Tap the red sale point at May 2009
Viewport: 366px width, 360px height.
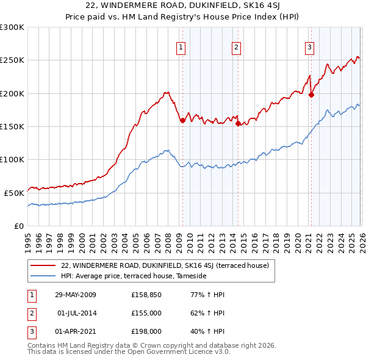click(x=182, y=121)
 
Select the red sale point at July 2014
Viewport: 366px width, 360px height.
click(x=238, y=123)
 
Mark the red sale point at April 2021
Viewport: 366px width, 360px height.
click(x=311, y=95)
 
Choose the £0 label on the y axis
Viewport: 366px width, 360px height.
click(x=18, y=226)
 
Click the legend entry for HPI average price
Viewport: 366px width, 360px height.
click(x=134, y=276)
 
